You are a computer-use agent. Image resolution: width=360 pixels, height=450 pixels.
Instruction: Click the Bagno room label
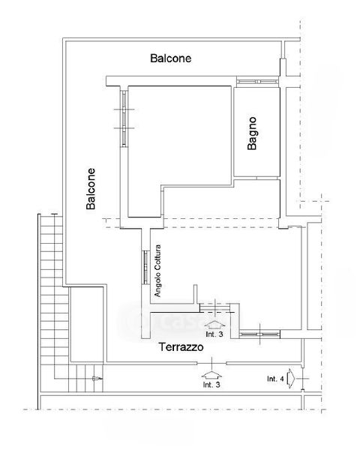click(x=252, y=133)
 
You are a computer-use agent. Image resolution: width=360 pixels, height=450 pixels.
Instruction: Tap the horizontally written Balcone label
click(x=171, y=58)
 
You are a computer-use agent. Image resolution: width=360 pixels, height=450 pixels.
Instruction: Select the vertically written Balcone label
click(x=91, y=188)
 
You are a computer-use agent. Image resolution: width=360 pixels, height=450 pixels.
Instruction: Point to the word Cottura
click(x=157, y=256)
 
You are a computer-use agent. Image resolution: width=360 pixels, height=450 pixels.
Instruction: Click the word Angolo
click(x=157, y=283)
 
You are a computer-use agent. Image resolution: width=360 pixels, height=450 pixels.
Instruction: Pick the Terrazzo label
click(x=181, y=347)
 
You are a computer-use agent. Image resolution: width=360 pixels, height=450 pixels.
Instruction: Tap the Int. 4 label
click(x=275, y=379)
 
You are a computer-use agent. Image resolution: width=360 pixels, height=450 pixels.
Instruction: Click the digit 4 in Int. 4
click(x=282, y=379)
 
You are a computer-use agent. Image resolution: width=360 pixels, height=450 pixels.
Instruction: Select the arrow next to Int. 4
click(x=290, y=379)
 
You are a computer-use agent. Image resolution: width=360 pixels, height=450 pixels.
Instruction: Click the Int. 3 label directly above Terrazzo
click(x=214, y=334)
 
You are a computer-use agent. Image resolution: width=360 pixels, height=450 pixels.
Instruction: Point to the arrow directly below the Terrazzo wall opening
click(x=211, y=376)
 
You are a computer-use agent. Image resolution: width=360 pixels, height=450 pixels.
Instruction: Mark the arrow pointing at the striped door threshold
click(x=215, y=325)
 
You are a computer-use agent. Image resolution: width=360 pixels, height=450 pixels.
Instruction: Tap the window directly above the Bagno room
click(x=257, y=82)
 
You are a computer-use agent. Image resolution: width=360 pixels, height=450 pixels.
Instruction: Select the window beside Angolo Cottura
click(x=145, y=268)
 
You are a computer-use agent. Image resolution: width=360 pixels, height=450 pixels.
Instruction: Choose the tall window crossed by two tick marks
click(x=124, y=118)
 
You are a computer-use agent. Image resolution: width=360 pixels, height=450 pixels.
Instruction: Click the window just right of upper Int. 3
click(x=259, y=334)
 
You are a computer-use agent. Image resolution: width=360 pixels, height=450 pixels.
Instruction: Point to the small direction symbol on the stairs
click(x=97, y=379)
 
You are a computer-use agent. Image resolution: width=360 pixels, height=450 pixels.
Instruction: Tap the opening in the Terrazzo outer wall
click(x=211, y=363)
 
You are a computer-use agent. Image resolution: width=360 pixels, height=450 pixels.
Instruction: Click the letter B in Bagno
click(x=252, y=146)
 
